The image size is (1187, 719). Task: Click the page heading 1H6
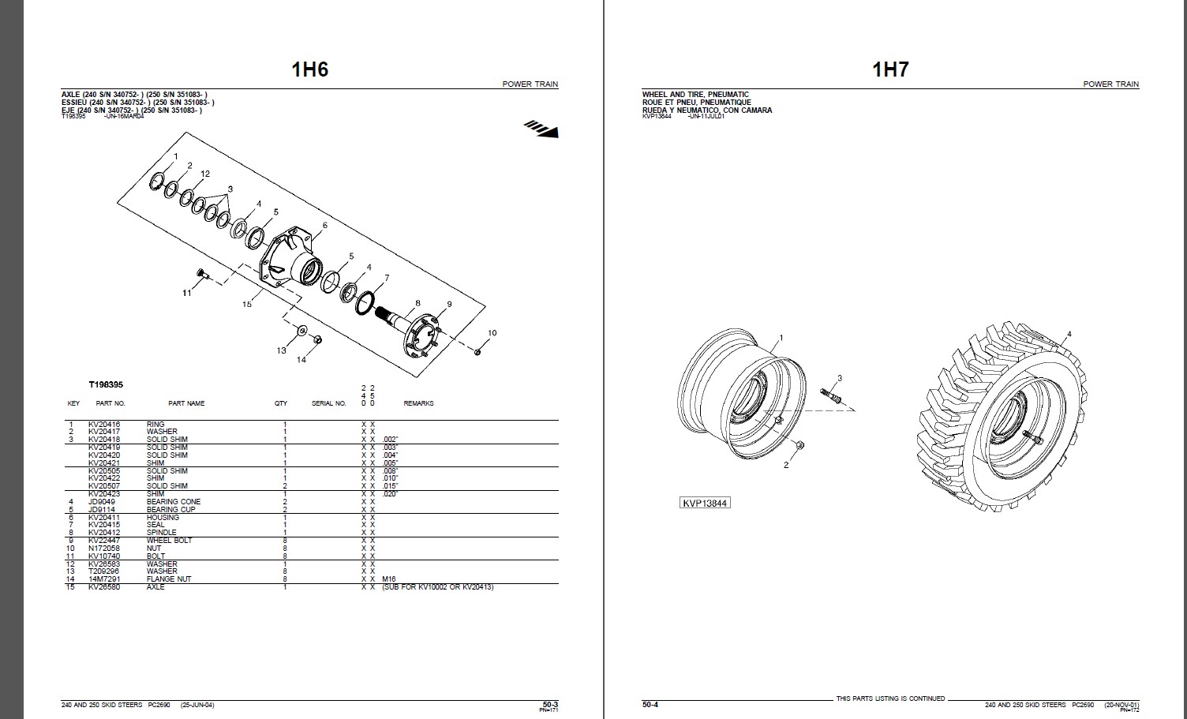tap(309, 69)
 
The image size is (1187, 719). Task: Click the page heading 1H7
tap(889, 69)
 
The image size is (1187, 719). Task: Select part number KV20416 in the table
tap(103, 425)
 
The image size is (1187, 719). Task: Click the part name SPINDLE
tap(161, 533)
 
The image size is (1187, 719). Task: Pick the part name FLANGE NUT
tap(167, 579)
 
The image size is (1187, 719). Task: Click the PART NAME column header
tap(186, 403)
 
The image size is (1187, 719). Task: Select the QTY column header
tap(281, 403)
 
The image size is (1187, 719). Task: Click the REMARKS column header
tap(418, 403)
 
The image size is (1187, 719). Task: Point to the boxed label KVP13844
tap(706, 503)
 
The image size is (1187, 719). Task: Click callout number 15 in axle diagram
tap(247, 304)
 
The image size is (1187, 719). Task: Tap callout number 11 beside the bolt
tap(187, 293)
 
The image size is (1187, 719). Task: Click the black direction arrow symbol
tap(541, 128)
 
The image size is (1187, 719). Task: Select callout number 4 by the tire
tap(1069, 335)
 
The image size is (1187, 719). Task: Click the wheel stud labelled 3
tap(832, 394)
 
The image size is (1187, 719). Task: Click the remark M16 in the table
tap(388, 579)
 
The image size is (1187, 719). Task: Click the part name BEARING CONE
tap(174, 502)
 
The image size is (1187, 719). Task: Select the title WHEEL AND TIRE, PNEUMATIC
tap(684, 95)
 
